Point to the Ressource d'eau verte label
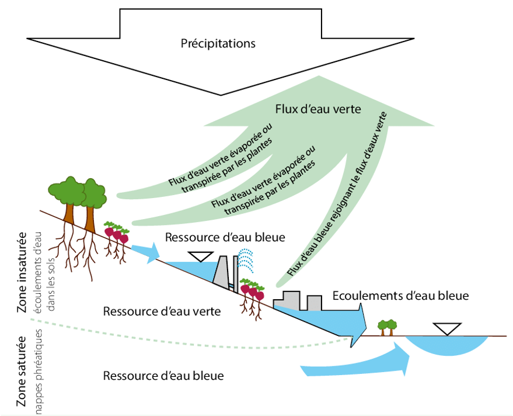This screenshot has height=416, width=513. tap(162, 311)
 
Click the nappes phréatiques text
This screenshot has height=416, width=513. tap(40, 368)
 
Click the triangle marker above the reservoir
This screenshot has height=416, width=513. tap(200, 256)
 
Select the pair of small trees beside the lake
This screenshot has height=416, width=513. tap(386, 327)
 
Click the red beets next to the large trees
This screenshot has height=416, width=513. tap(116, 234)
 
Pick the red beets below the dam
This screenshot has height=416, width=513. tap(252, 289)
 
